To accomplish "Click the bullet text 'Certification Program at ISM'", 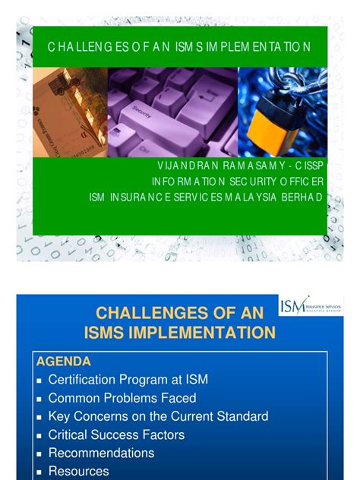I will coord(128,379).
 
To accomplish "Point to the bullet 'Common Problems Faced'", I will coord(122,397).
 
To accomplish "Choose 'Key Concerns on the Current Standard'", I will coord(158,416).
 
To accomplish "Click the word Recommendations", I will coord(101,453).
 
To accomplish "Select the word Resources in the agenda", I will coord(78,471).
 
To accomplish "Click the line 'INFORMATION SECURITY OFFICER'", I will coord(238,182).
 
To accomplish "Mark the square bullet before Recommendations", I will coord(38,453).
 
